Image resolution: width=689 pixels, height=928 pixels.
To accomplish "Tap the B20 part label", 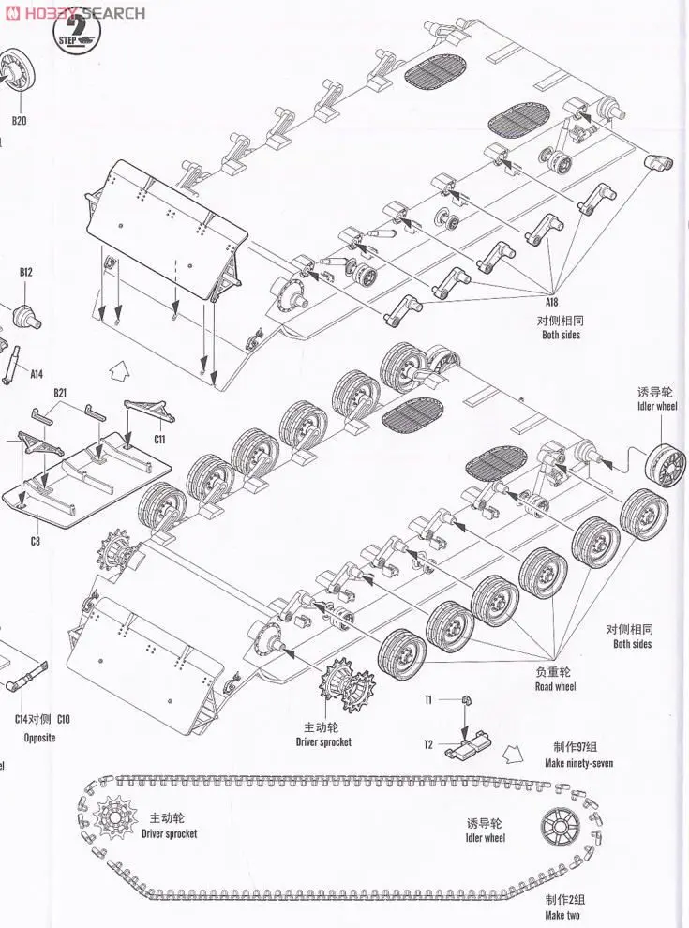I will (x=19, y=121).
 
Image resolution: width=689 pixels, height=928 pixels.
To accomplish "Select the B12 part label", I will (x=25, y=272).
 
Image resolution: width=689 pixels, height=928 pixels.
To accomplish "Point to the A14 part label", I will (x=36, y=374).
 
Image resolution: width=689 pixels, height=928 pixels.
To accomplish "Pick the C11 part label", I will (x=158, y=438).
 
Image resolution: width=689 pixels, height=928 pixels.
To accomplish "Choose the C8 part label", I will (x=35, y=541).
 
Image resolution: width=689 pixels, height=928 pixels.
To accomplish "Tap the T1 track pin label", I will (x=427, y=699).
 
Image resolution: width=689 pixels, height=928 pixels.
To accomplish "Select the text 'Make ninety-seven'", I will (x=578, y=763).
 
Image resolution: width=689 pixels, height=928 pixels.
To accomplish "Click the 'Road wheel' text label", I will (x=555, y=686).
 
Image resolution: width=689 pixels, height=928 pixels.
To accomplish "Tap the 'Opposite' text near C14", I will (x=39, y=737).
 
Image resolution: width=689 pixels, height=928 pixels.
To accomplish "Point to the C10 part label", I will (x=63, y=719).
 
